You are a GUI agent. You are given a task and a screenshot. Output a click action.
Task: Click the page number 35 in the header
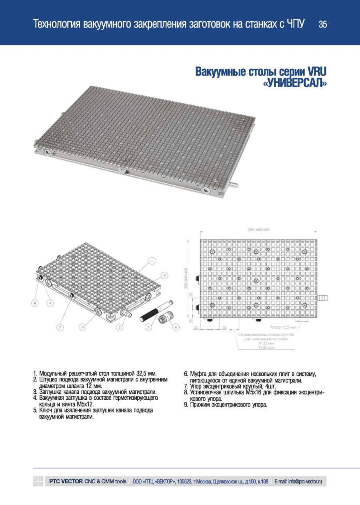(x=322, y=25)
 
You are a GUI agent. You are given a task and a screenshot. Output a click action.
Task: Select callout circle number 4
(x=164, y=275)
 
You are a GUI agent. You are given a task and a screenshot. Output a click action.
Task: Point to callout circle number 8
(x=35, y=304)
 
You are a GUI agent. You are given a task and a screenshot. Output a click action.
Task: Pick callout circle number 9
(x=50, y=304)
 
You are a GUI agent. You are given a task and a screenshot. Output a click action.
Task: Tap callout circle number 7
(x=60, y=327)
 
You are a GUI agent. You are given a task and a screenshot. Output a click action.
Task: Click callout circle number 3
(x=82, y=327)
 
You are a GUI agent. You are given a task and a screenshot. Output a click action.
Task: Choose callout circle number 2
(x=119, y=327)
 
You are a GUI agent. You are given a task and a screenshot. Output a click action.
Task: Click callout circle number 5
(x=149, y=327)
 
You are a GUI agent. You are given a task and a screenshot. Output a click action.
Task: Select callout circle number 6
(x=175, y=327)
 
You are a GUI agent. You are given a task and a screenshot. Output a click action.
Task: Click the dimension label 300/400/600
(x=258, y=230)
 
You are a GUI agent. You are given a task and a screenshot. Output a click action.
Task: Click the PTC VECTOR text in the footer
(x=66, y=481)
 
